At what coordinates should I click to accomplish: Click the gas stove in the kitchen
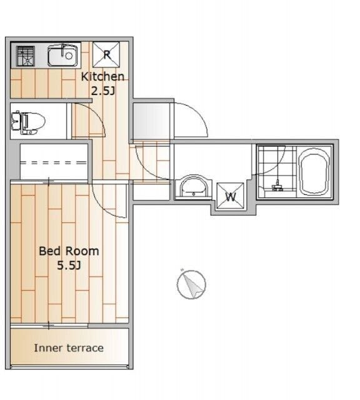coord(25,56)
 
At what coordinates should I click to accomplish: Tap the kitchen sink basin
coord(62,56)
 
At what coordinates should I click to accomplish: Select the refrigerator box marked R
coord(106,54)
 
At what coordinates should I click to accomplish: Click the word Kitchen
coord(102,76)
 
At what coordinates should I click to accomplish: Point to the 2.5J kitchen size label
coord(102,91)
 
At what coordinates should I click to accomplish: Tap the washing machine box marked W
coord(230,196)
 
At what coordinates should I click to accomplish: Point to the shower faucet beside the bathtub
coord(277,186)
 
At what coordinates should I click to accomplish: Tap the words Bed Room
coord(69,251)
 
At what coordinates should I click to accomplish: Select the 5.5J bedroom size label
coord(69,266)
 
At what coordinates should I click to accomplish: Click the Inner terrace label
coord(69,348)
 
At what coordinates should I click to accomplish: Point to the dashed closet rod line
coord(54,162)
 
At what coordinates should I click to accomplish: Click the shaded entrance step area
coord(151,121)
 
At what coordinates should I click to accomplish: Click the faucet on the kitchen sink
coord(64,50)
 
